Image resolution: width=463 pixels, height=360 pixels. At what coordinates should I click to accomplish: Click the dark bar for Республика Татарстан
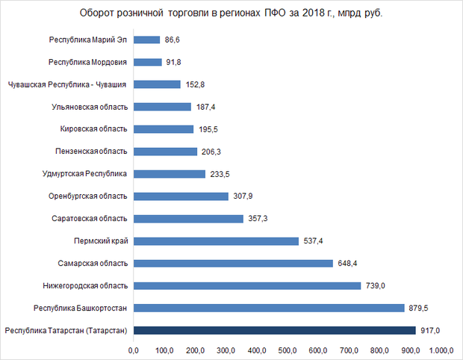point(274,330)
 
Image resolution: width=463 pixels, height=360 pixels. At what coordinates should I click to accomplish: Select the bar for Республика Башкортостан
point(269,308)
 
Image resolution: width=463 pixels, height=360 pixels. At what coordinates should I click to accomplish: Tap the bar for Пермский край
point(216,240)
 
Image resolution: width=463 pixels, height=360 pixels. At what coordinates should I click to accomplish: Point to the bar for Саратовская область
point(188,218)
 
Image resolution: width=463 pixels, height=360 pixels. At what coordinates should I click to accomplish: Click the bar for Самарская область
point(233,263)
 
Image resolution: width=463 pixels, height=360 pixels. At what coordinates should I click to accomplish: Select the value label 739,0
point(373,285)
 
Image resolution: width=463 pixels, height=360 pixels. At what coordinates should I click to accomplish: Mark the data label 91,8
point(174,62)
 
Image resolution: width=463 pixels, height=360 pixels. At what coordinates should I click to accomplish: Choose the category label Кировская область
point(94,129)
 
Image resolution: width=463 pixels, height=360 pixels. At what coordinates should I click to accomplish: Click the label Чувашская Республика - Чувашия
point(66,84)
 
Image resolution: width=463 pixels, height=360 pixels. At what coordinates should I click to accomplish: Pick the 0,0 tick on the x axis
point(134,349)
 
